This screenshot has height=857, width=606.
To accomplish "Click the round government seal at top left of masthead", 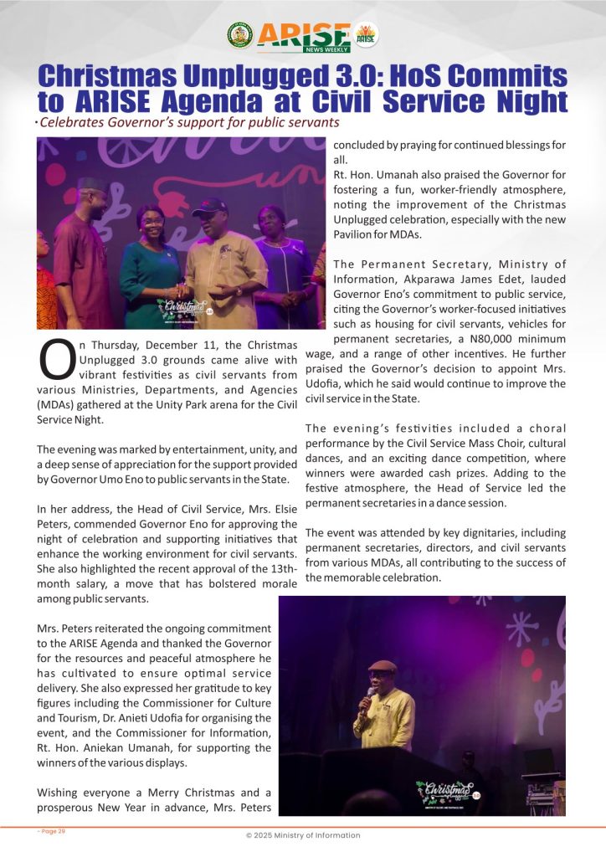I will (239, 34).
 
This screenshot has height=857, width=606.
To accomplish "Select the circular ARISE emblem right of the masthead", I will (366, 34).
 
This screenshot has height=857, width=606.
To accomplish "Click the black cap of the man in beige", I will (209, 203).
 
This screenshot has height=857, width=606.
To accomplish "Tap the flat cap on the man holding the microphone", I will (383, 666).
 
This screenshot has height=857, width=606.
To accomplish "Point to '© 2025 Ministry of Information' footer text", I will (302, 835).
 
